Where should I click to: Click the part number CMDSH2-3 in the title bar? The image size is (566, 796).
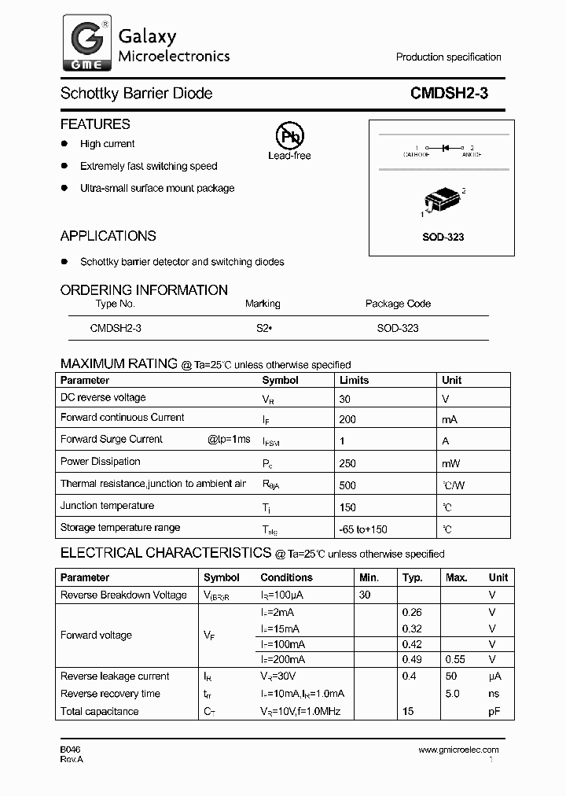449,94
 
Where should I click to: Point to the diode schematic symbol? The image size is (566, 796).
444,147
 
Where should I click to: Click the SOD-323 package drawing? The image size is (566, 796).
443,201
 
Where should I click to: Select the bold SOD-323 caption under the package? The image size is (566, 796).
443,237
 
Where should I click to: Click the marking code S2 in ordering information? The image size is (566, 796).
263,328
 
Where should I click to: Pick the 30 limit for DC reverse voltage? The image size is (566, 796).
344,399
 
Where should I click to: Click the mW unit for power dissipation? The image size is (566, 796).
451,464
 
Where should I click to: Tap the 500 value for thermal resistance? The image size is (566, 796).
347,486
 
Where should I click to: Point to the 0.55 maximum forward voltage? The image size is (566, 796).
456,659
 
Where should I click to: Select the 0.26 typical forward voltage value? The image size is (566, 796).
412,612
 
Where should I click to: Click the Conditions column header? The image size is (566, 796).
287,577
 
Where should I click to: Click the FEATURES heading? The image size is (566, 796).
95,124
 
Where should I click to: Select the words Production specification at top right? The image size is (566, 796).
448,57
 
